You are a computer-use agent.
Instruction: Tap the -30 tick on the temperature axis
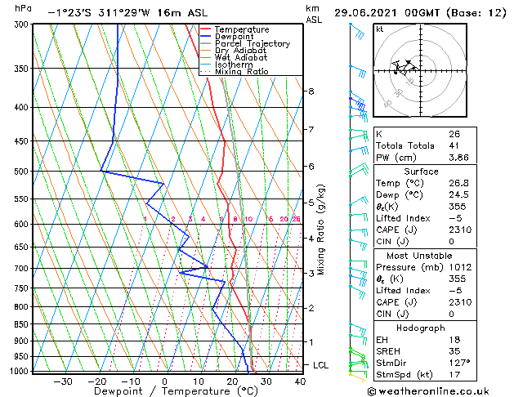63,381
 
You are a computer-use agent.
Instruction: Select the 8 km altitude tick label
311,91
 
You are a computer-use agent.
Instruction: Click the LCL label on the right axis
321,365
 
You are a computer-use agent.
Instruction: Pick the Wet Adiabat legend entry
240,57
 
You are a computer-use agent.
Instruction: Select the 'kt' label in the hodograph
380,29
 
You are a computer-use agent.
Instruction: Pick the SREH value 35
454,350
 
